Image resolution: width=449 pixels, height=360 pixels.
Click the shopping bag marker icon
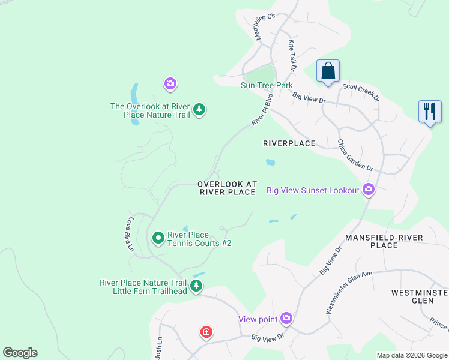pyautogui.click(x=328, y=71)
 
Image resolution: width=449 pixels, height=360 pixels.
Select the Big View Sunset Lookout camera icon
pyautogui.click(x=369, y=190)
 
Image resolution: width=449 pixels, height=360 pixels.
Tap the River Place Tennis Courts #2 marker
pyautogui.click(x=158, y=238)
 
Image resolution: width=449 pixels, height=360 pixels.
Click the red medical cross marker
pyautogui.click(x=206, y=332)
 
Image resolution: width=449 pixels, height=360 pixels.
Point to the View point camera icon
pyautogui.click(x=286, y=319)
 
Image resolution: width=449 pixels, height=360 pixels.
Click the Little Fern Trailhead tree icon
pyautogui.click(x=196, y=286)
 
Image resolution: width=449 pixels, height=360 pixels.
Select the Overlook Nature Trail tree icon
pyautogui.click(x=199, y=110)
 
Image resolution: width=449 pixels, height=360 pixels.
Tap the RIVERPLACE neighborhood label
pyautogui.click(x=289, y=143)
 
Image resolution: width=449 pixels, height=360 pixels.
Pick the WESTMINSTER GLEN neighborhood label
pyautogui.click(x=419, y=297)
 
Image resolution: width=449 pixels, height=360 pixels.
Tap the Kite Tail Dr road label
pyautogui.click(x=292, y=56)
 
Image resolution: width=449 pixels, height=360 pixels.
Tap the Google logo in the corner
pyautogui.click(x=20, y=353)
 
